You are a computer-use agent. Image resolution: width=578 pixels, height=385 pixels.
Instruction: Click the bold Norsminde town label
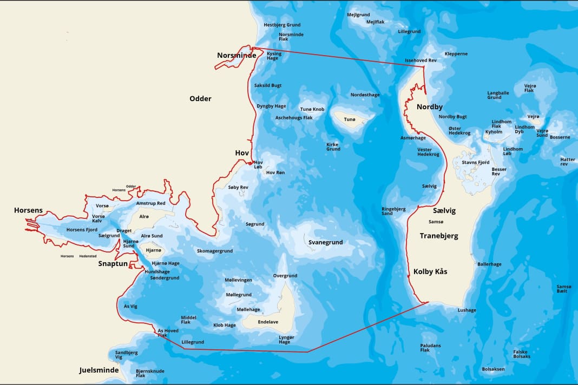click(237, 55)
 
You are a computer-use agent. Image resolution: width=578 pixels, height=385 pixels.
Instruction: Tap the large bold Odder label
click(200, 98)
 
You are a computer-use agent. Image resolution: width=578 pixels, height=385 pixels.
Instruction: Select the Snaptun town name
click(113, 264)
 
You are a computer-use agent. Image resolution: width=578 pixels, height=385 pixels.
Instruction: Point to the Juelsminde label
click(99, 370)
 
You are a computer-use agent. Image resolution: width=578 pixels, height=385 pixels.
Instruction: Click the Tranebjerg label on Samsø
click(439, 236)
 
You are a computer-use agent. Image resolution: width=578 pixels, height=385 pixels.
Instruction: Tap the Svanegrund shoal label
click(326, 242)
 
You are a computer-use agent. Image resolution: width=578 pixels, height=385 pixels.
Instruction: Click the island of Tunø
click(350, 119)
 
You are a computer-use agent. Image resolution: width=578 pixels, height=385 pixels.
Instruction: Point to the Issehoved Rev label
click(421, 60)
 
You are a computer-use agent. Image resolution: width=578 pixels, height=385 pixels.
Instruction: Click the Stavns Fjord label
click(475, 162)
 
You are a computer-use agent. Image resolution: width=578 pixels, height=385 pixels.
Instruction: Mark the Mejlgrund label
click(358, 15)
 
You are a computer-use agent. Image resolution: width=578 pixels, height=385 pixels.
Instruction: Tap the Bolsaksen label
click(492, 369)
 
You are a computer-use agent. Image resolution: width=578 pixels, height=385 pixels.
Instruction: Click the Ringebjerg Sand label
click(393, 211)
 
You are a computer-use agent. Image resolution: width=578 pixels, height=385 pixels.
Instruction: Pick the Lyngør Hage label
click(285, 340)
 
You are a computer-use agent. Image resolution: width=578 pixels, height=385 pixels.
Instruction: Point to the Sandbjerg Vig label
click(126, 355)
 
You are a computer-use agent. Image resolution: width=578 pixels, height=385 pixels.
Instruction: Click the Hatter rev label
click(568, 162)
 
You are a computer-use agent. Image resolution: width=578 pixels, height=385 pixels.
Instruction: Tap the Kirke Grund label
click(333, 147)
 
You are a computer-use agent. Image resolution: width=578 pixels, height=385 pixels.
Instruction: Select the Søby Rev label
click(238, 187)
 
